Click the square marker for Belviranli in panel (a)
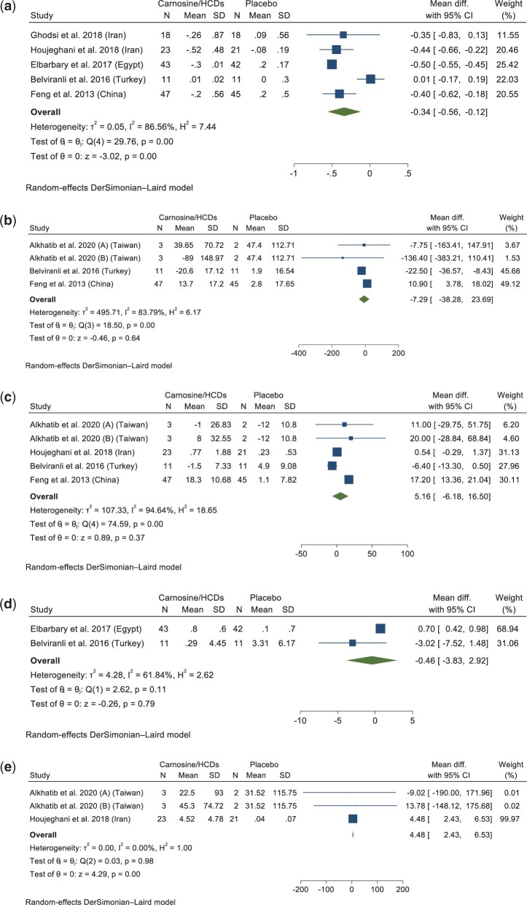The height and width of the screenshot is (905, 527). [x=370, y=79]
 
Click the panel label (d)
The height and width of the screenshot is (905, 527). [x=8, y=573]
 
